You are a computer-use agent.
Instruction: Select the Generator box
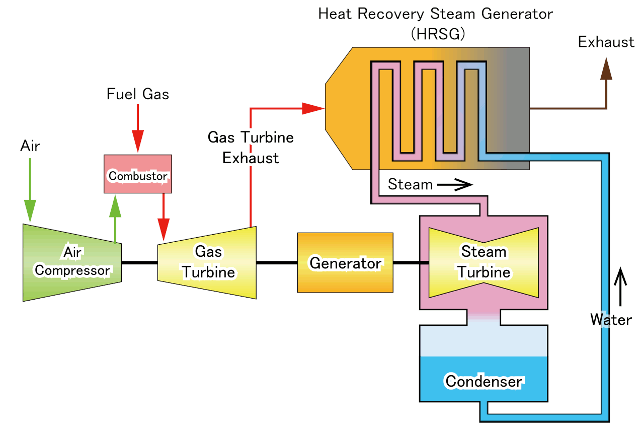pos(345,262)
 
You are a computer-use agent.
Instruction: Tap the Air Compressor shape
pos(72,262)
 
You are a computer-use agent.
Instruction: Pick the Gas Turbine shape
pos(207,262)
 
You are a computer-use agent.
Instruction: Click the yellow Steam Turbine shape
pos(483,262)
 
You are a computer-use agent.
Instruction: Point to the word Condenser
pos(484,381)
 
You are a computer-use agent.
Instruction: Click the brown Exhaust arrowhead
pos(607,68)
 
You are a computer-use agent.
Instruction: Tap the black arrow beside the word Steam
pos(456,185)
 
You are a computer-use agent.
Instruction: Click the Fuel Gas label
pos(138,94)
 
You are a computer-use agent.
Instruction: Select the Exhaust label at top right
pos(606,42)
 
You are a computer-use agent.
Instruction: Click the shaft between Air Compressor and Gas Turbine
pos(139,262)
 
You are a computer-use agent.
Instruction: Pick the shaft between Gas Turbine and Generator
pos(277,262)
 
